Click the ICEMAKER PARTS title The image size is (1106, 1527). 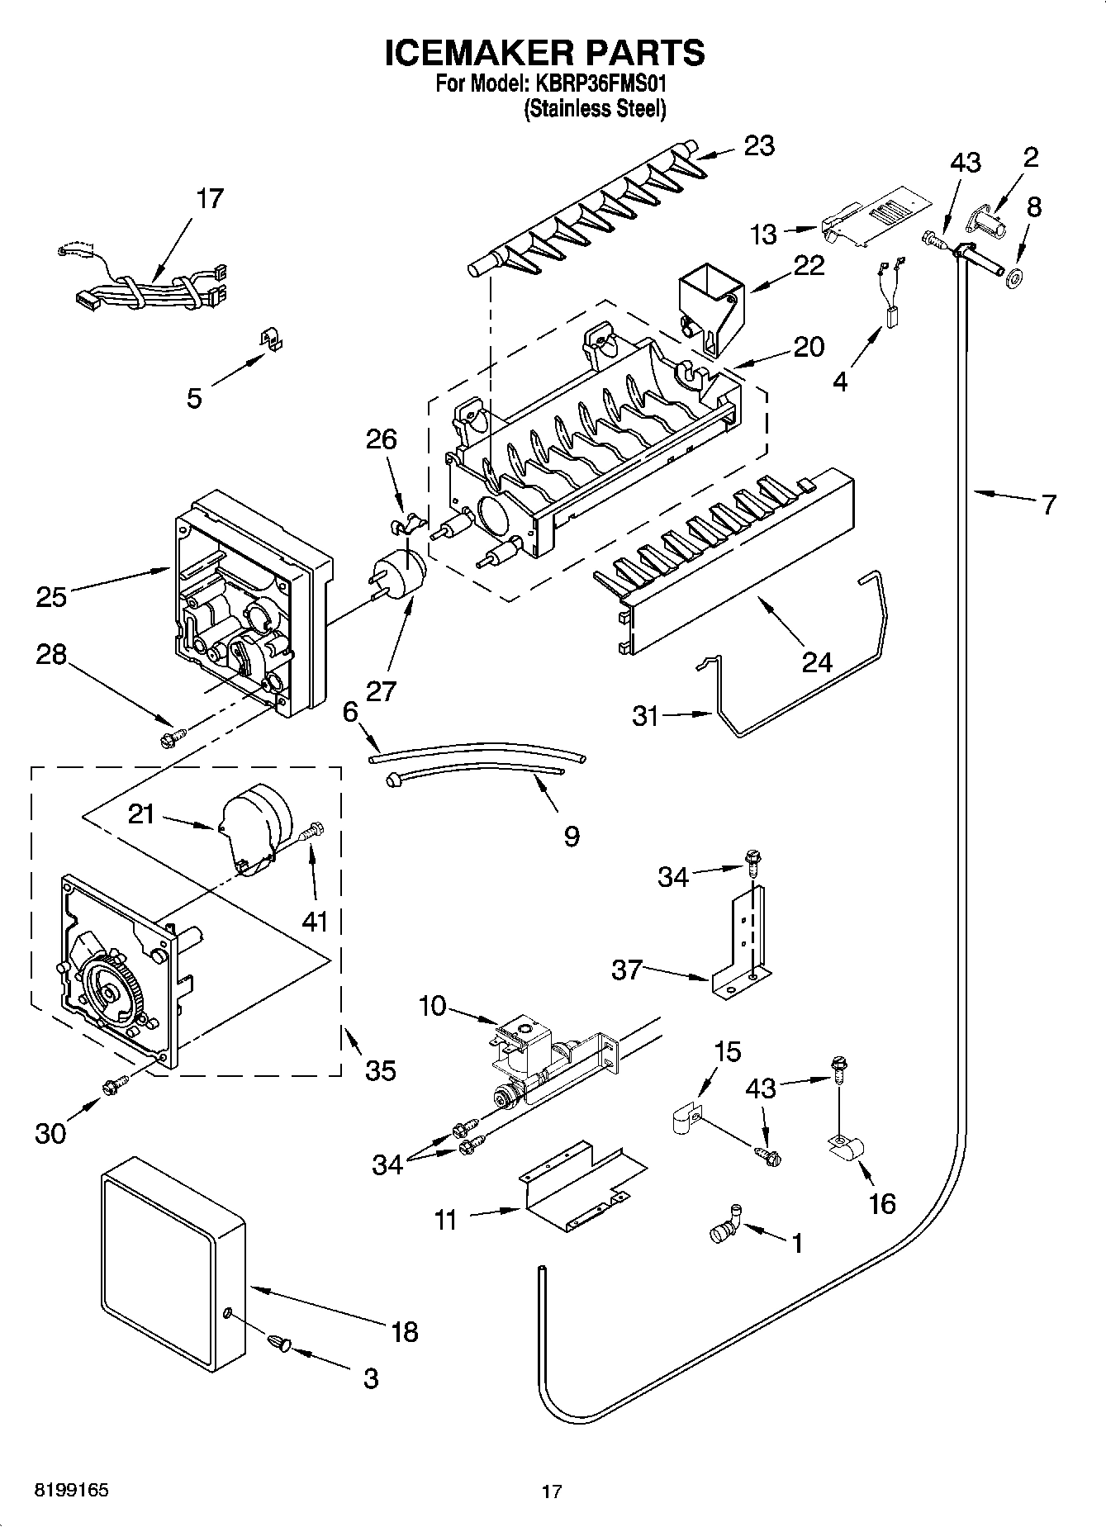pos(545,52)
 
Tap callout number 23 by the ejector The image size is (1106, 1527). pos(759,146)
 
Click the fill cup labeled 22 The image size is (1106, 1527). pos(709,310)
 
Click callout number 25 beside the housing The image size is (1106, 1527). pos(51,595)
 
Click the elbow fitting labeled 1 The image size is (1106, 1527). pos(725,1228)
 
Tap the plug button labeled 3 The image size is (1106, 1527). pos(279,1345)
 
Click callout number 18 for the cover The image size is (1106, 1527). pos(404,1332)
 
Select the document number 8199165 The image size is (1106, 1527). pos(71,1491)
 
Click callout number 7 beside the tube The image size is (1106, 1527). pos(1048,504)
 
